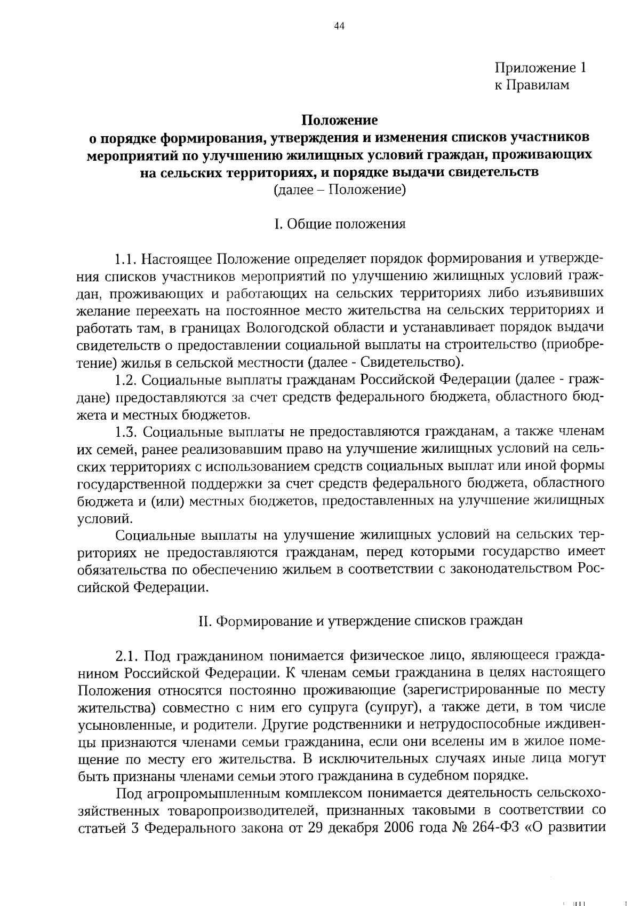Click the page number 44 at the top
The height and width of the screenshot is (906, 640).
[340, 27]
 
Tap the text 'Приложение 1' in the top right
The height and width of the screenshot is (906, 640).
[540, 68]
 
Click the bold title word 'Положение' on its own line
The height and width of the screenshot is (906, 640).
[340, 120]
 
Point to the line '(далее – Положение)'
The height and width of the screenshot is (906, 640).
[340, 190]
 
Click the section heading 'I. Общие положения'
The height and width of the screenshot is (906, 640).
[340, 224]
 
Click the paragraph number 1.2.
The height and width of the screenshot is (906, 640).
[126, 380]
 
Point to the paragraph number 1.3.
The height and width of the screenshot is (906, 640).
[126, 431]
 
